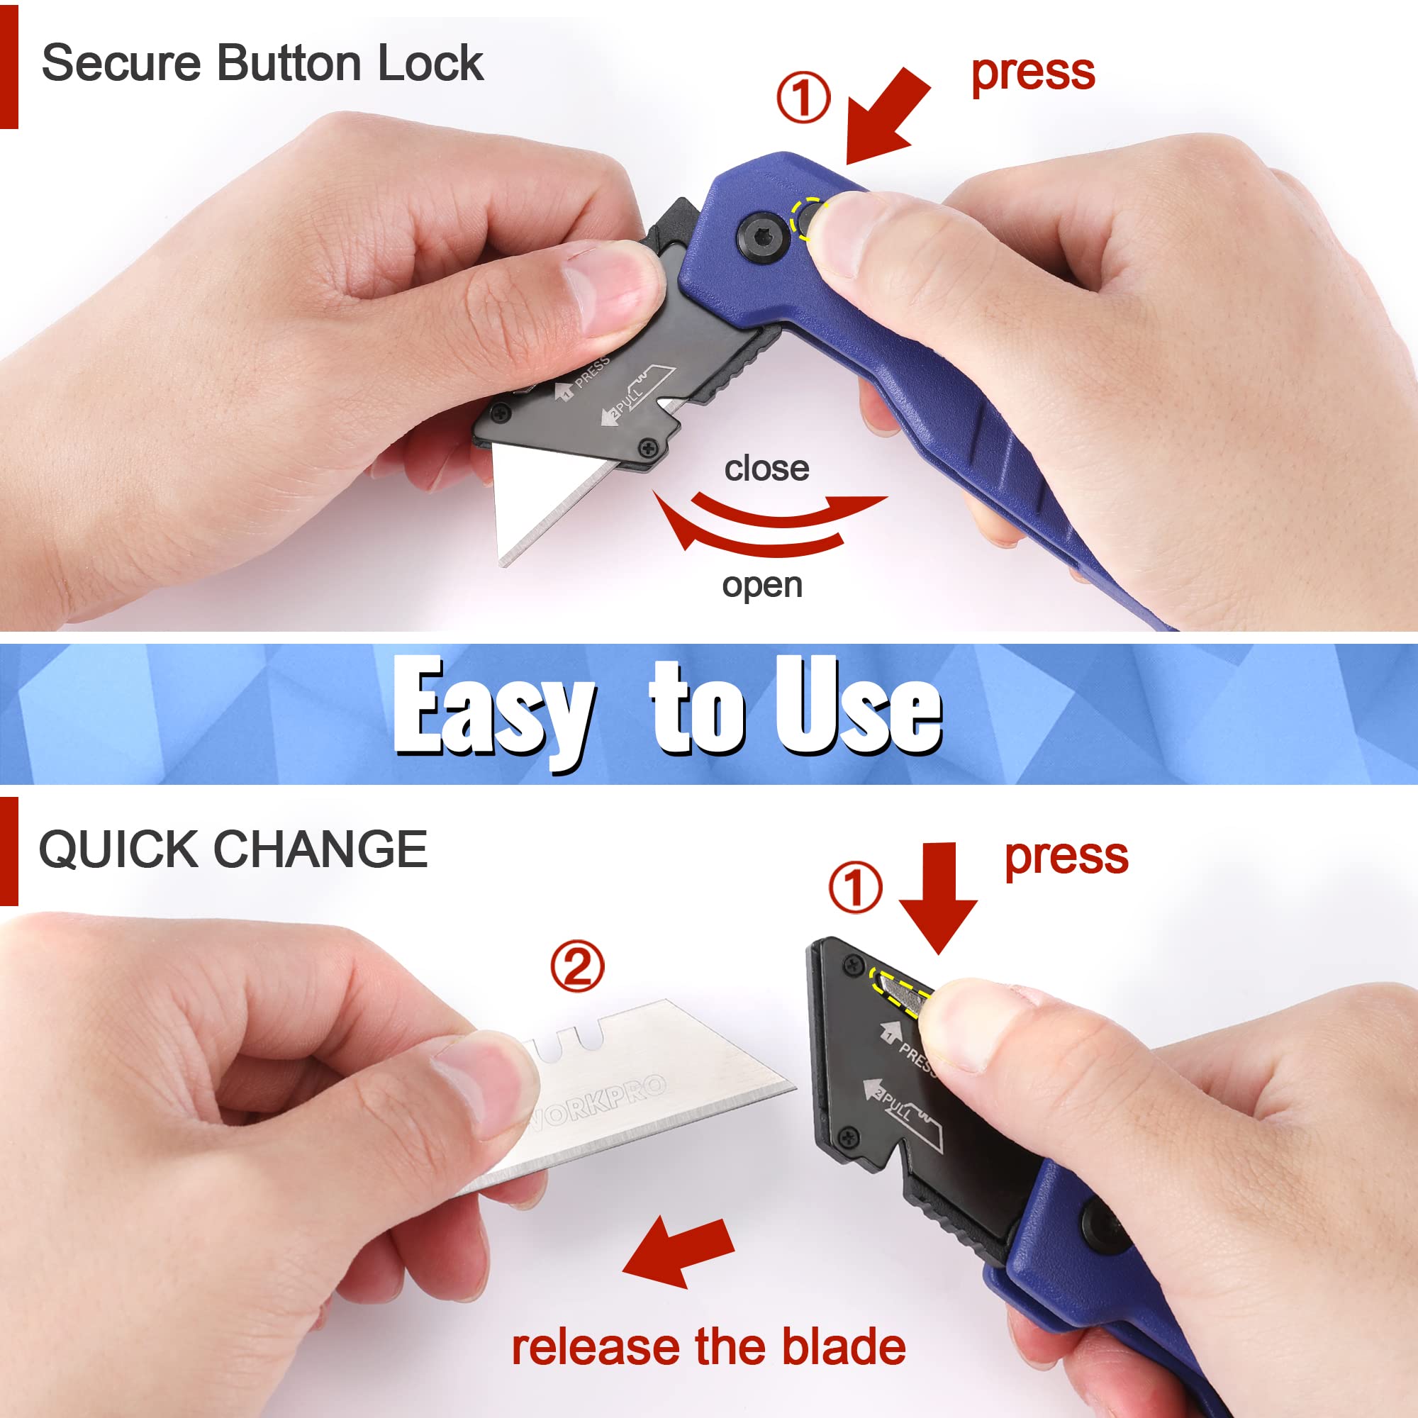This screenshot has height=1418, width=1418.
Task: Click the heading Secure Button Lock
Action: point(262,63)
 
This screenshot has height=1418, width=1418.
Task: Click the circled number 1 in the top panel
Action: point(803,99)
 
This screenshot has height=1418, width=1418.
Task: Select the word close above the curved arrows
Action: point(766,468)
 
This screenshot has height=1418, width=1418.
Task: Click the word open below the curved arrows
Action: point(762,585)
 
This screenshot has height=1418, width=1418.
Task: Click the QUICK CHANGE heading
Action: point(233,850)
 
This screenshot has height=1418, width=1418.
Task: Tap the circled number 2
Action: point(577,966)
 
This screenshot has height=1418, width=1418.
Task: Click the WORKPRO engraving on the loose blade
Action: point(598,1100)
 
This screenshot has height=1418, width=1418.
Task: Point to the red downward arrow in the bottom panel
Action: point(938,896)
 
